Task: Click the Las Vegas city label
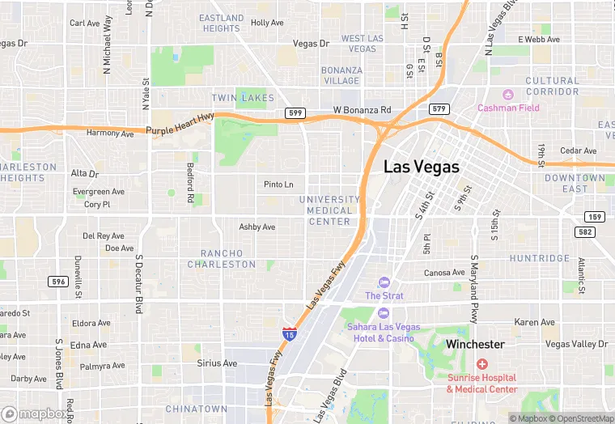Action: [x=421, y=167]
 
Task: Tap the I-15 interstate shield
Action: [x=289, y=333]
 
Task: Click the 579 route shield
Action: [x=439, y=108]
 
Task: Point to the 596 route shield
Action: [x=58, y=282]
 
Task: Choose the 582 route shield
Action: [x=586, y=232]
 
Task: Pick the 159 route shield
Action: [x=595, y=217]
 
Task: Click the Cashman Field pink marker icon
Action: [x=508, y=95]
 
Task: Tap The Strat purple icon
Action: [x=384, y=282]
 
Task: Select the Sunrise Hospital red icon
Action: [x=482, y=365]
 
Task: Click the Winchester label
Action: [x=476, y=345]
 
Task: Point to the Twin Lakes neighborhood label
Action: [x=237, y=98]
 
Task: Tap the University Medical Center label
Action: [x=329, y=210]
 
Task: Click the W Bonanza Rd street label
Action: [x=362, y=110]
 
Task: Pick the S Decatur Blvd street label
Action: [x=139, y=284]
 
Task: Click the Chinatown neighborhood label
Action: [x=197, y=409]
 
